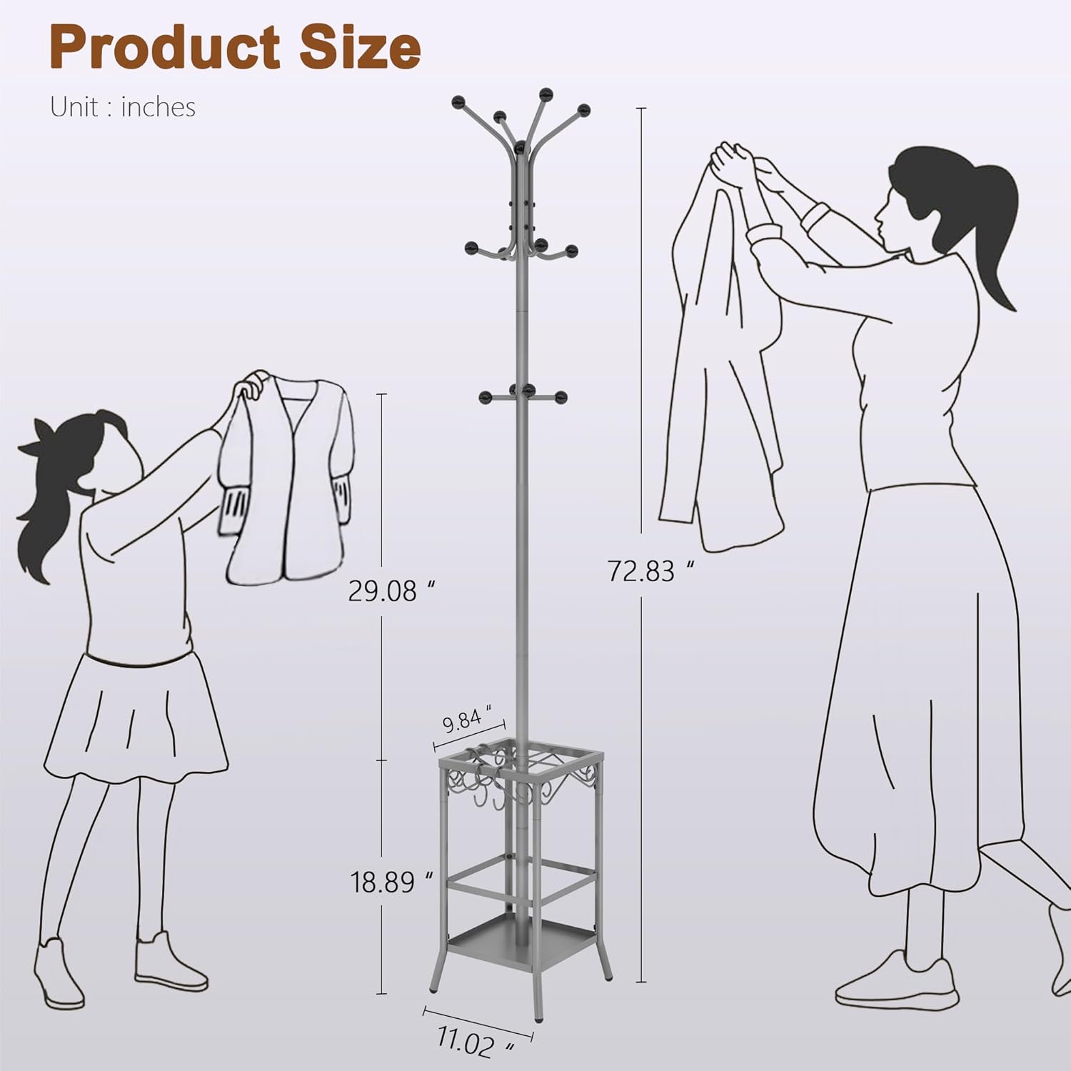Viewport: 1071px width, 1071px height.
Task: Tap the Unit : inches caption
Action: (x=123, y=107)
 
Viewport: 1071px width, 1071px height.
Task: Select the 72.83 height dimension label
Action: (x=650, y=571)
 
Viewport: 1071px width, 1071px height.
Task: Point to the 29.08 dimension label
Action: (x=391, y=590)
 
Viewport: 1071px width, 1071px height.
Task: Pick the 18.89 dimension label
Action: (x=392, y=882)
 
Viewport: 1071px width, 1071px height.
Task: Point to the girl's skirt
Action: (x=136, y=714)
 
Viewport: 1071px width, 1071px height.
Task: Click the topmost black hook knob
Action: (x=546, y=94)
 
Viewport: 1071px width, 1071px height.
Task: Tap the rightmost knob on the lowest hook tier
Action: (x=561, y=397)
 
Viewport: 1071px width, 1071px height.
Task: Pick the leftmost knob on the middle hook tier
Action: (x=471, y=248)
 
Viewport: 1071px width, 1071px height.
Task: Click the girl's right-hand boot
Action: (x=171, y=961)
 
